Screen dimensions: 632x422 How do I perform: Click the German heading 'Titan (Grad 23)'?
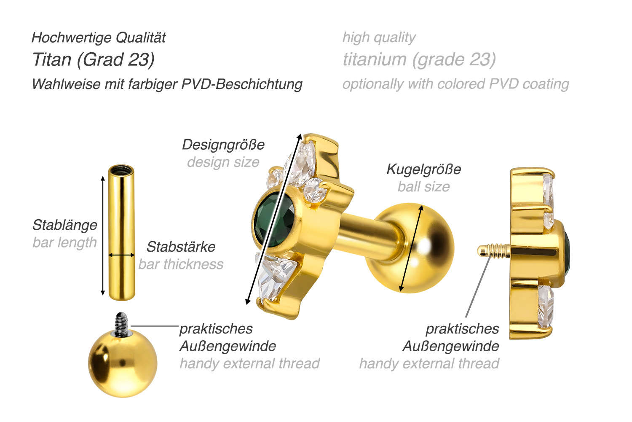coord(94,60)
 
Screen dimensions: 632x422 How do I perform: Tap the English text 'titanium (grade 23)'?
coord(419,60)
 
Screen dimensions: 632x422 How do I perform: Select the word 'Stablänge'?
coord(64,225)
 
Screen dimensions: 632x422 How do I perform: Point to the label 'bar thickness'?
coord(181,264)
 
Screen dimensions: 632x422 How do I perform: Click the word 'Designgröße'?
coord(223,145)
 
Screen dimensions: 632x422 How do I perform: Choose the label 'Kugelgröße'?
coord(424,169)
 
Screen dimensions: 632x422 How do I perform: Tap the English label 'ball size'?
coord(424,187)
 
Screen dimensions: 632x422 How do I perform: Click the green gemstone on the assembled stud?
coord(274,220)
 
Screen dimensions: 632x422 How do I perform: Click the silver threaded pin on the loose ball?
coord(122,324)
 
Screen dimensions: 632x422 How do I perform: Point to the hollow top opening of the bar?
coord(121,170)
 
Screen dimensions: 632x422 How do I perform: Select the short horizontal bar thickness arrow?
coord(122,255)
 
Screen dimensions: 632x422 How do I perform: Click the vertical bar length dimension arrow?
coord(103,235)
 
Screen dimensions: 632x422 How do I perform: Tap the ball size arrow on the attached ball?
coord(411,248)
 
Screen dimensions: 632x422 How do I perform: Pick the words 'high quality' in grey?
coord(379,38)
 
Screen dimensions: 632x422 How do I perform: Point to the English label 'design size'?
coord(223,162)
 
